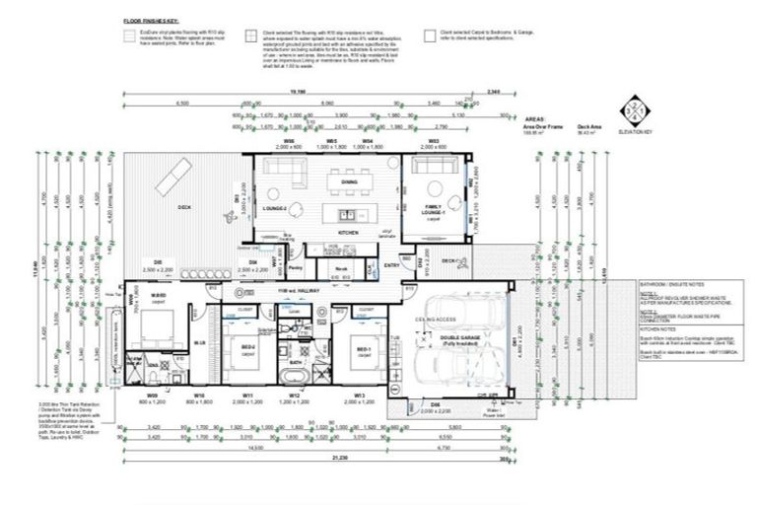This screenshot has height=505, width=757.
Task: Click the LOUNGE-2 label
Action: click(273, 209)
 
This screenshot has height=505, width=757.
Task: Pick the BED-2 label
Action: click(248, 348)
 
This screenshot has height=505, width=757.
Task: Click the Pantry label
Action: click(295, 267)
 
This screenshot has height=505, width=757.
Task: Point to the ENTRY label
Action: click(392, 264)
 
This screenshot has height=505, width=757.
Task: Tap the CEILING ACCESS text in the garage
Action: click(436, 318)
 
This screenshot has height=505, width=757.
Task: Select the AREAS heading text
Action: click(535, 115)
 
